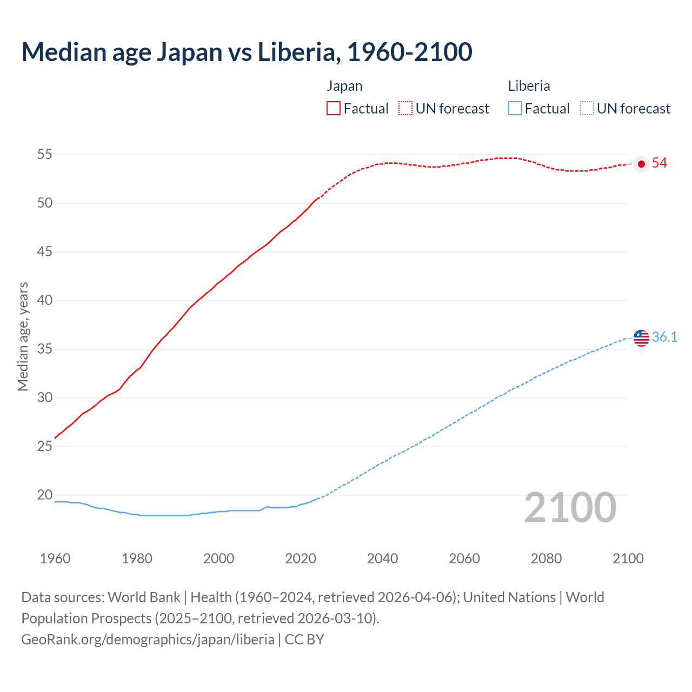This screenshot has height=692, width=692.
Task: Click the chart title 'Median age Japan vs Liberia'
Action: tap(247, 52)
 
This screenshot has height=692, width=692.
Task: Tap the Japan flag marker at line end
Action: tap(641, 164)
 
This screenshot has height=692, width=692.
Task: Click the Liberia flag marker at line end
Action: tap(641, 338)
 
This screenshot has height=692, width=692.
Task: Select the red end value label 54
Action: tap(659, 163)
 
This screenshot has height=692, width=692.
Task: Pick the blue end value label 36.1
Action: tap(664, 337)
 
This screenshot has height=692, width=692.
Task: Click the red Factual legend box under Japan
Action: tap(334, 109)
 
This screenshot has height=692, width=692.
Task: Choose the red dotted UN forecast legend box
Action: tap(405, 109)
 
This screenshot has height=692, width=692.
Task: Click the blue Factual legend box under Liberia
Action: tap(515, 109)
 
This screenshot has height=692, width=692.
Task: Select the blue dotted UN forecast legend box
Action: tap(587, 109)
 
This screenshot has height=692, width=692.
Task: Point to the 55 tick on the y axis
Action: tap(44, 155)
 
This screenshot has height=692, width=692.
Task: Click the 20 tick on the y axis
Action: tap(44, 495)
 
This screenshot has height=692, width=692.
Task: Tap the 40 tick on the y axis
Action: tap(44, 301)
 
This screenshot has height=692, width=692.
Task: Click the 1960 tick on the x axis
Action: tap(55, 558)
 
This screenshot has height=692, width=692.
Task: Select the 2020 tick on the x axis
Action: tap(301, 558)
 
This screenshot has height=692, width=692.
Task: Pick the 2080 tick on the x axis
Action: tap(546, 558)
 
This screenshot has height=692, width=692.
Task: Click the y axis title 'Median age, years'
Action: tap(23, 336)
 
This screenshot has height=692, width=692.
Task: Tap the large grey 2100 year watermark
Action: tap(570, 508)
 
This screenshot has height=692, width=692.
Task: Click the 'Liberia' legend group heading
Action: tap(529, 86)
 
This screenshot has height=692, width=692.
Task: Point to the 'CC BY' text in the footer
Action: tap(304, 640)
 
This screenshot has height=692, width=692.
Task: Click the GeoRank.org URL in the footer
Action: tap(148, 640)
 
